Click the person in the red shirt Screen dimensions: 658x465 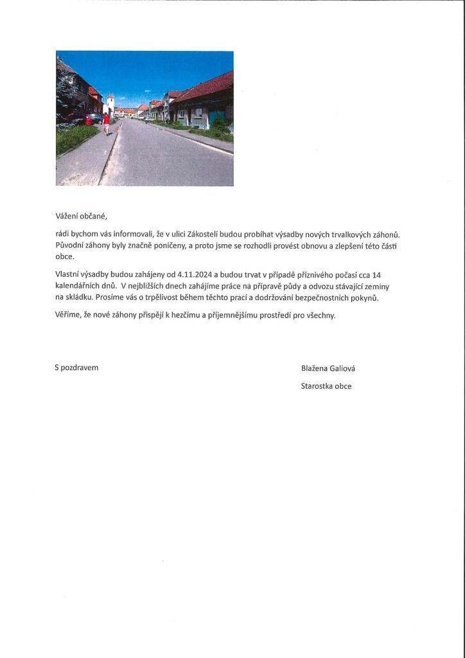pyautogui.click(x=106, y=122)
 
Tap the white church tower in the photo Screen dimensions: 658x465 pyautogui.click(x=110, y=104)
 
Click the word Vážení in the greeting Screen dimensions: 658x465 pyautogui.click(x=68, y=216)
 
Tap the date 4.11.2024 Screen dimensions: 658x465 pyautogui.click(x=195, y=274)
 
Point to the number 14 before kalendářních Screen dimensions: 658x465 pyautogui.click(x=376, y=274)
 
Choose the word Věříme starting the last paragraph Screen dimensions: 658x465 pyautogui.click(x=69, y=316)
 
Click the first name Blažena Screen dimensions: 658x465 pyautogui.click(x=315, y=368)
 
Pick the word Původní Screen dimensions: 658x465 pyautogui.click(x=70, y=246)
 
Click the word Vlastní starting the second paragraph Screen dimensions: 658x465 pyautogui.click(x=68, y=274)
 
